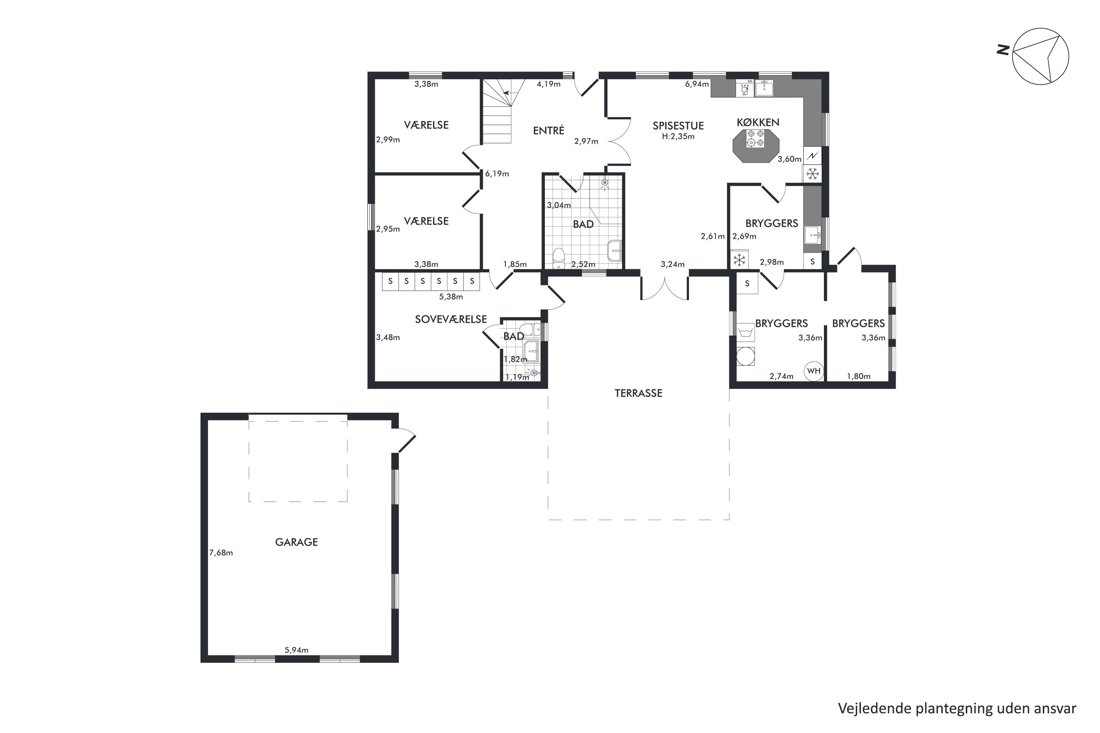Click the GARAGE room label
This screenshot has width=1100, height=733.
296,542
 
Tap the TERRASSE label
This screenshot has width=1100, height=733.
638,394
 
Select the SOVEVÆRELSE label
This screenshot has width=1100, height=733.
451,319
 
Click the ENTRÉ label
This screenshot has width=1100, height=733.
549,130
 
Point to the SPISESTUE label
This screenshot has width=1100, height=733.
678,126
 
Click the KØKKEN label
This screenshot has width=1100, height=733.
758,122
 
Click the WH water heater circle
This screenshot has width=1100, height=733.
814,371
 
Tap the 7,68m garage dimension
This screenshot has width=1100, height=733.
221,553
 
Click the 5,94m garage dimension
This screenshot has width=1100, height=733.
297,650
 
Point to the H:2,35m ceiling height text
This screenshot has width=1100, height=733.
678,137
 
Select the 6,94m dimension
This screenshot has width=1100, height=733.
697,84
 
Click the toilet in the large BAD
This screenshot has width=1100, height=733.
559,258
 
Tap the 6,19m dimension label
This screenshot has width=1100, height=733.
497,174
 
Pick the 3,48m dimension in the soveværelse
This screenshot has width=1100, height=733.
388,337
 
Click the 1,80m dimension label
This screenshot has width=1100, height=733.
859,377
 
